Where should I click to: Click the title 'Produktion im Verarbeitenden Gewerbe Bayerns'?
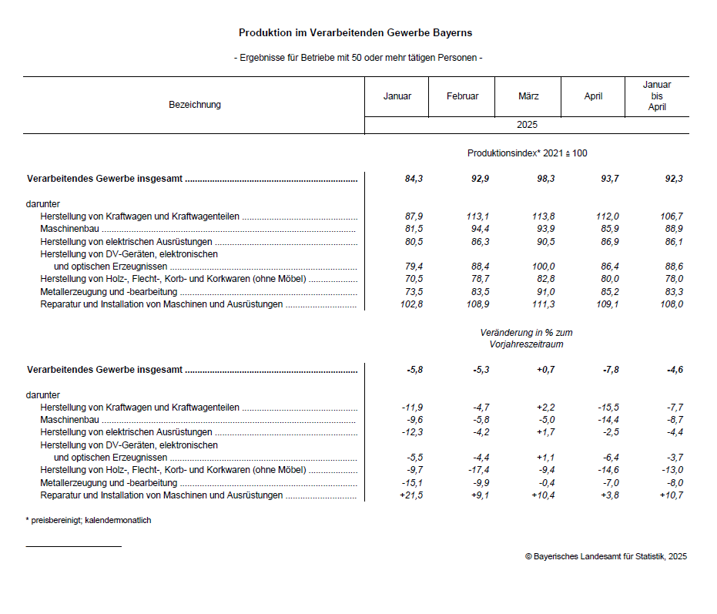[x=355, y=33]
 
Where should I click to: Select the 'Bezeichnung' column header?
[x=194, y=105]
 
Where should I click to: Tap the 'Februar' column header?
[x=462, y=96]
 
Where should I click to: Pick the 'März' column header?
[x=528, y=96]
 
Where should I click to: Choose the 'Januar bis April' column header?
[x=656, y=96]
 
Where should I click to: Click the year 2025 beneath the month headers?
[x=527, y=125]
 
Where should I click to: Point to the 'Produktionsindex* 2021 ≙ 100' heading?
[x=527, y=153]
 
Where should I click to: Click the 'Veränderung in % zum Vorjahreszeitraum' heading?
[x=526, y=338]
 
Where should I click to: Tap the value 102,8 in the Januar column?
[x=409, y=304]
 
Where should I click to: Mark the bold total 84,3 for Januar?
[x=414, y=179]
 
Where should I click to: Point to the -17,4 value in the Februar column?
[x=477, y=470]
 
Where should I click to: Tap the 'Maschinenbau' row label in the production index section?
[x=70, y=230]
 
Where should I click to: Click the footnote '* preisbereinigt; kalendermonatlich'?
[x=89, y=521]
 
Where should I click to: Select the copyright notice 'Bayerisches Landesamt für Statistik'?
[x=605, y=556]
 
